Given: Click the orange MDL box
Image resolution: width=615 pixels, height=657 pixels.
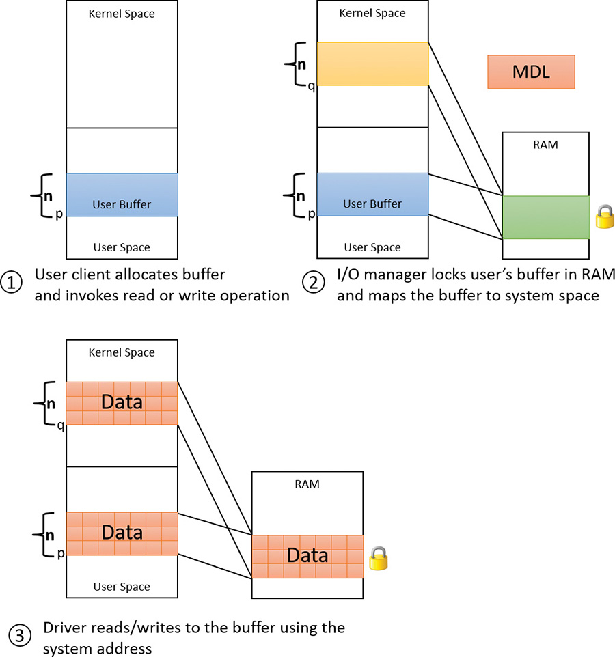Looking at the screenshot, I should coord(531,72).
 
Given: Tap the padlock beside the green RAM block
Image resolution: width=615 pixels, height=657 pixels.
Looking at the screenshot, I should coord(604,217).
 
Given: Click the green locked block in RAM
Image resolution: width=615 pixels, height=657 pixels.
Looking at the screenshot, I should coord(545,217).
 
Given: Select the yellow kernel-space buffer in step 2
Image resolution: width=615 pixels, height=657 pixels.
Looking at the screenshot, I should coord(372,64).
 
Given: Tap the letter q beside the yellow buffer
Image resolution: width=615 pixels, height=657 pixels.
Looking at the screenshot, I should coord(312,87).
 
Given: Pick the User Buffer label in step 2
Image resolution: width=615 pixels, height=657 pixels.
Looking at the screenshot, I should coord(372,204).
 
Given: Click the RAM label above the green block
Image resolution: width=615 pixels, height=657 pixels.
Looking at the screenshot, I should coord(545,145).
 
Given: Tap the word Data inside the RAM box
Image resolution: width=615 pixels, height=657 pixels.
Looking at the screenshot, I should coord(307,555).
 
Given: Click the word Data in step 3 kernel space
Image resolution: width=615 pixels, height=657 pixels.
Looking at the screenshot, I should coord(122,402).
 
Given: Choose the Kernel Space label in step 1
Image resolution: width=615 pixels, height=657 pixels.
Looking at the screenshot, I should coord(122,13).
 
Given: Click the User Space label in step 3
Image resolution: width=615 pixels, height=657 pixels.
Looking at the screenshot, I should coord(122,587).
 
